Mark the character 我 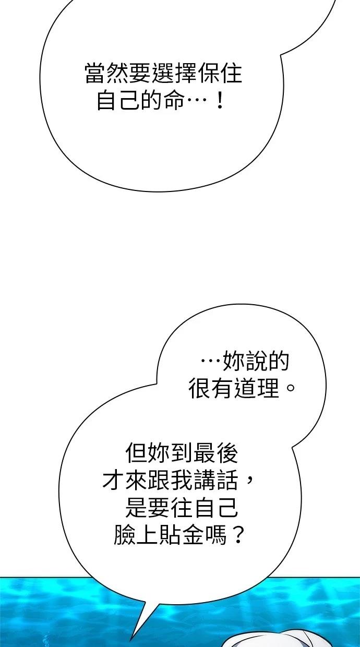pyautogui.click(x=181, y=480)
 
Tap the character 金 pyautogui.click(x=193, y=535)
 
